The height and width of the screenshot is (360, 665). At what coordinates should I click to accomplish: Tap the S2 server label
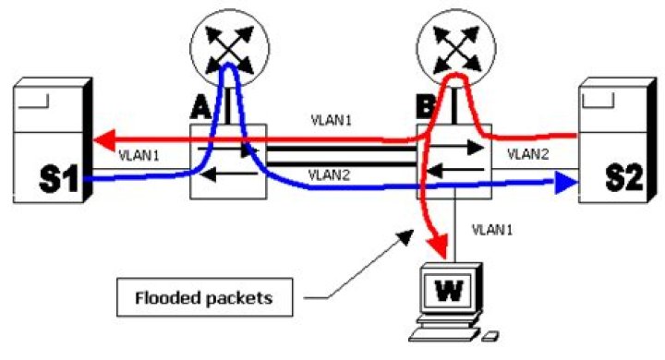623,177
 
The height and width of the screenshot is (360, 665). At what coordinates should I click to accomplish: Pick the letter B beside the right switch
427,106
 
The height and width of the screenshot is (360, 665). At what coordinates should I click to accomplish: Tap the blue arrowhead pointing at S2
566,182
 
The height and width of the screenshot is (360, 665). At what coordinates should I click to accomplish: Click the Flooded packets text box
204,297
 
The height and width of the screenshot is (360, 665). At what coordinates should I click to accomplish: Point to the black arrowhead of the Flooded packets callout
406,237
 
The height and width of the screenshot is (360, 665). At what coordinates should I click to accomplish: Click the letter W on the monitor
449,291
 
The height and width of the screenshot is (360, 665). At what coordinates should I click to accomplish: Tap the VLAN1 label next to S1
139,156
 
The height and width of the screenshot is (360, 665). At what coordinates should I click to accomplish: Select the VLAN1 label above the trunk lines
332,120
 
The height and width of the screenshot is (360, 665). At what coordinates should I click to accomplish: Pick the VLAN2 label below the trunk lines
329,174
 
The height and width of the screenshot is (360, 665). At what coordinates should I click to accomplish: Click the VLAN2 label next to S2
528,154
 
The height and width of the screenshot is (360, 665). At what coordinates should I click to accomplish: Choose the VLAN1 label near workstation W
492,230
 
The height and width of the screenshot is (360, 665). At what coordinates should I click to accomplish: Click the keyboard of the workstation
444,334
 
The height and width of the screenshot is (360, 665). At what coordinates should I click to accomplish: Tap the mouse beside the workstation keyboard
490,337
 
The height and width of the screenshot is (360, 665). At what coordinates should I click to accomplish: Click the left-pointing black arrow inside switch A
229,174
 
